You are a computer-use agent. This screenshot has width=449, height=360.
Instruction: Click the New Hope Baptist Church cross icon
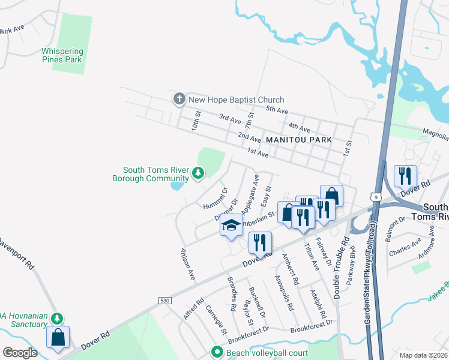click(179, 100)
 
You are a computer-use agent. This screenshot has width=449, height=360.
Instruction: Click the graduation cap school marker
click(231, 226)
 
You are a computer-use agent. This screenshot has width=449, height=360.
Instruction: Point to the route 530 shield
click(165, 299)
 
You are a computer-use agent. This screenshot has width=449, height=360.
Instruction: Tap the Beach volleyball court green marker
click(217, 352)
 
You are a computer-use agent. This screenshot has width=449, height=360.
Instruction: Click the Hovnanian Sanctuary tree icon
click(56, 317)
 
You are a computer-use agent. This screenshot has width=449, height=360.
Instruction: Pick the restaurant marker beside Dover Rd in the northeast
click(405, 175)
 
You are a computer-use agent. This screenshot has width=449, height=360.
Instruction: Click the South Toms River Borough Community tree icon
click(198, 174)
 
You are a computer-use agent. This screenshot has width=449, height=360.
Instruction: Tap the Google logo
click(20, 352)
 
